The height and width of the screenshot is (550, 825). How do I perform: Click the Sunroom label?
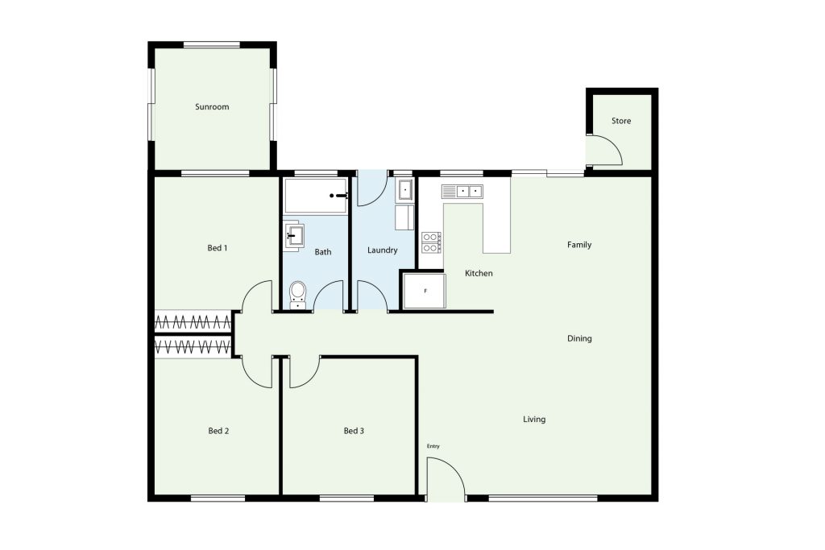point(212,107)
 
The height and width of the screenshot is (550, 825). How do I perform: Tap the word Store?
point(621,121)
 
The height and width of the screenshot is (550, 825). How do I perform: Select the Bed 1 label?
point(218,248)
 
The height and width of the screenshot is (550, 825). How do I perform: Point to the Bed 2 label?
point(218,431)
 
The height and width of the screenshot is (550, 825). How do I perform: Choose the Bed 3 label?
point(354,431)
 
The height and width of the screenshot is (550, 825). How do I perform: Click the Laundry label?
point(383,250)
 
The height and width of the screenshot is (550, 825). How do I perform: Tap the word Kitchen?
point(479,274)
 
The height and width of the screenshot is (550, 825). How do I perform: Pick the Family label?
point(579,245)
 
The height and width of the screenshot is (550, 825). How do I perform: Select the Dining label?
point(579,339)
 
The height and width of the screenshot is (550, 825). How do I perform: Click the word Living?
point(534,419)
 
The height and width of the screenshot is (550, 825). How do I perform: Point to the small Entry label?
point(433,446)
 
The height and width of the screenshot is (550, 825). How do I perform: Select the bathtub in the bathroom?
point(315,196)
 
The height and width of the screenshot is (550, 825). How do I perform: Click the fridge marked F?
point(424,291)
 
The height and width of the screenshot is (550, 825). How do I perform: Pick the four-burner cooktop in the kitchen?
point(432,242)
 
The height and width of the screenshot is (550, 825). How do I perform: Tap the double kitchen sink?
point(462,192)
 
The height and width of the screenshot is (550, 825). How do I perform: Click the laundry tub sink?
point(405,190)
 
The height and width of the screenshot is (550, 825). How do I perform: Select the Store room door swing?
point(605,150)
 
